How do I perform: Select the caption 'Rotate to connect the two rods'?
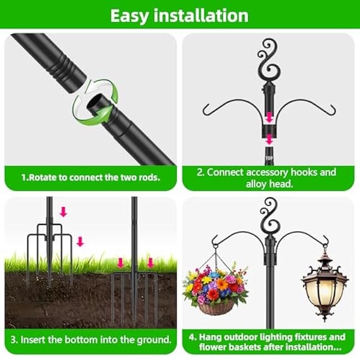90,178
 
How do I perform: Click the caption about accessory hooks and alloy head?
269,178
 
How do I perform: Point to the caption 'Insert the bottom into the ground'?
90,339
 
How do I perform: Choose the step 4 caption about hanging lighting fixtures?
269,342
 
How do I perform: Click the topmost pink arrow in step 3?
63,212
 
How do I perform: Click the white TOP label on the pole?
269,157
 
